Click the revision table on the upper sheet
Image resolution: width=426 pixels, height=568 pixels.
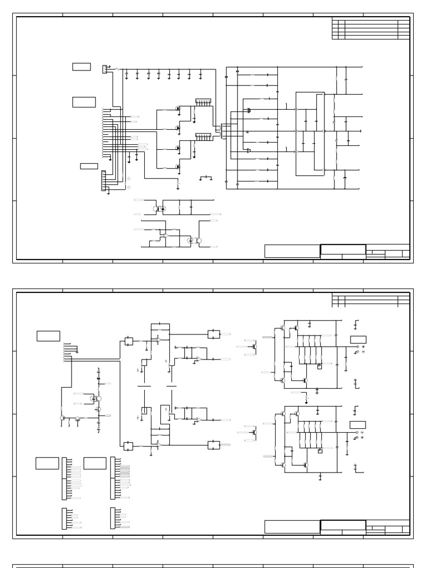(x=371, y=29)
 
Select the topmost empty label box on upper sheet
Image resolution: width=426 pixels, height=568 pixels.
(x=81, y=67)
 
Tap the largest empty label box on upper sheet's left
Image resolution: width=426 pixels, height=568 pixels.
(x=84, y=102)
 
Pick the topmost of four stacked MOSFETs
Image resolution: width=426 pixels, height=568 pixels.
(x=178, y=109)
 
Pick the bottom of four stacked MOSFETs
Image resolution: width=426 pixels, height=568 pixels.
(x=178, y=166)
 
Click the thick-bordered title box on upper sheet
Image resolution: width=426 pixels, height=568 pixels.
(x=343, y=250)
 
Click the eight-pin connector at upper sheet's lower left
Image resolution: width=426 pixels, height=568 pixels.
(x=103, y=181)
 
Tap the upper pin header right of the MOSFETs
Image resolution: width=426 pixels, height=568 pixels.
(x=203, y=103)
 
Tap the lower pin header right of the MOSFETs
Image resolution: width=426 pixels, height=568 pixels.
(x=203, y=136)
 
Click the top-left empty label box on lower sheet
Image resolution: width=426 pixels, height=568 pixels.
(x=48, y=336)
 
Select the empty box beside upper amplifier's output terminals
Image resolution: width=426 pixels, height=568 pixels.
(x=358, y=339)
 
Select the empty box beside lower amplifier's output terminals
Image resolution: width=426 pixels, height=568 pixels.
(x=358, y=425)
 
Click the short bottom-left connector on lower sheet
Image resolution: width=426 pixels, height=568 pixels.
(x=64, y=518)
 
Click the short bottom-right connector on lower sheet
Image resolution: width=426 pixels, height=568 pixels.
(x=113, y=518)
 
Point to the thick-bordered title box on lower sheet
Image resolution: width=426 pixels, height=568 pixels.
(x=343, y=525)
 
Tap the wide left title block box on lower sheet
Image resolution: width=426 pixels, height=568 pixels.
(x=292, y=527)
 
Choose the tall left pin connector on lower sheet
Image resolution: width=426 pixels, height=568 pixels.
(x=64, y=478)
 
